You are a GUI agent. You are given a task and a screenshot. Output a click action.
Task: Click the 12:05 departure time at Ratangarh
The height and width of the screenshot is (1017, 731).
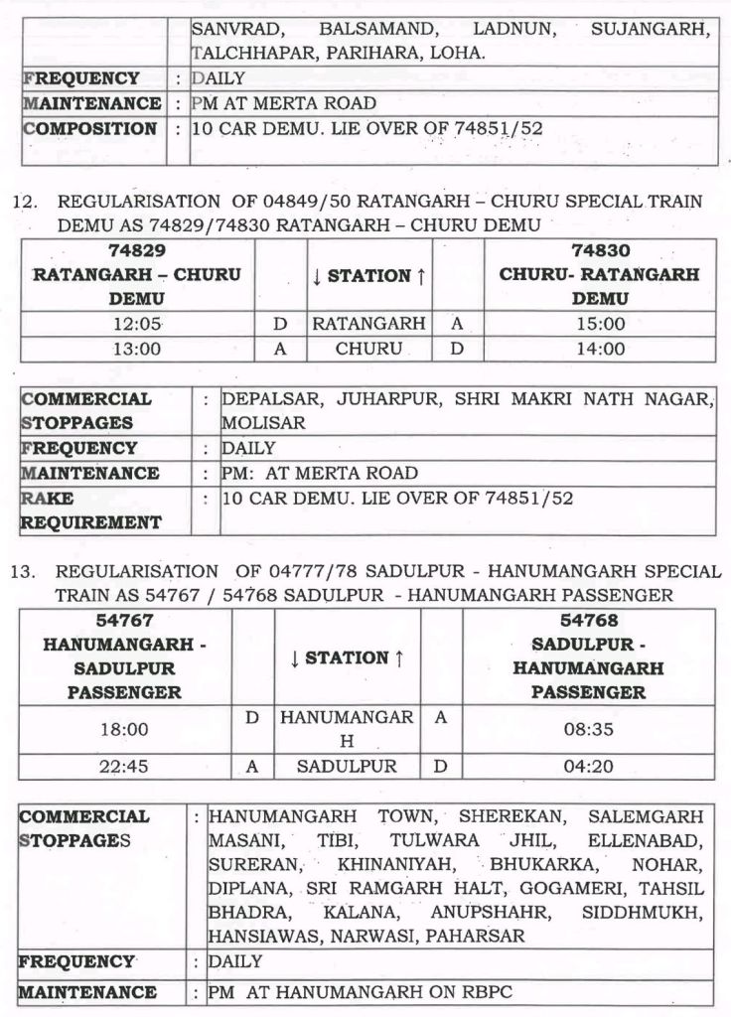pyautogui.click(x=137, y=324)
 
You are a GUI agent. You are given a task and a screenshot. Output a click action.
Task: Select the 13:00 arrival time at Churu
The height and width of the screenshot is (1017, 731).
pyautogui.click(x=137, y=349)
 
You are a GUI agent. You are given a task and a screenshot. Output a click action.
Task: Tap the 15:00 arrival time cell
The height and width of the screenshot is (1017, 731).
pyautogui.click(x=599, y=324)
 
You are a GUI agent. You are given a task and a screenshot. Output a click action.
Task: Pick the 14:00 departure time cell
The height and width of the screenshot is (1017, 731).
pyautogui.click(x=599, y=349)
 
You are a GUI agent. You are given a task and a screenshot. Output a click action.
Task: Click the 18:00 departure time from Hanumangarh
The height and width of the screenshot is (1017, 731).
pyautogui.click(x=124, y=729)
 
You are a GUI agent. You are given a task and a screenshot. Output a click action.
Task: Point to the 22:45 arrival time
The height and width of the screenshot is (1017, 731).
pyautogui.click(x=124, y=767)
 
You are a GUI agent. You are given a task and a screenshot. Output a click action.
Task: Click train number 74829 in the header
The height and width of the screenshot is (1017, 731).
pyautogui.click(x=137, y=251)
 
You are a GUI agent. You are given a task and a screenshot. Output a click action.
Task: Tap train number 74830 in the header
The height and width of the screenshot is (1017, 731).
pyautogui.click(x=599, y=251)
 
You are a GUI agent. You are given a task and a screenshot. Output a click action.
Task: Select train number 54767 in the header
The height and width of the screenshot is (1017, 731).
pyautogui.click(x=124, y=621)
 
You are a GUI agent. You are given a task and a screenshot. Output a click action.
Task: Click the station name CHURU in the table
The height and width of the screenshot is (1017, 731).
pyautogui.click(x=368, y=349)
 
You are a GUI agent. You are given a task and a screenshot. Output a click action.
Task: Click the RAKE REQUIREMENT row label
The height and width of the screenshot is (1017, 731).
pyautogui.click(x=91, y=510)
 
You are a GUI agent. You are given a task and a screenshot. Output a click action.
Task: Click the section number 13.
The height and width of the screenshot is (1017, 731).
pyautogui.click(x=24, y=572)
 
